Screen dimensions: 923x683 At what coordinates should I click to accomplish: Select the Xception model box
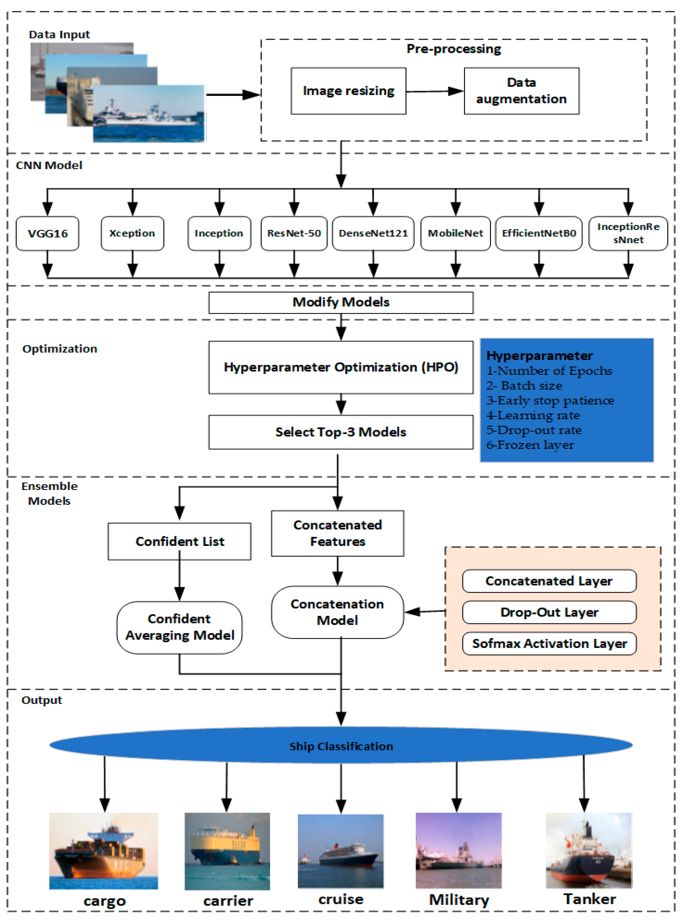coord(132,233)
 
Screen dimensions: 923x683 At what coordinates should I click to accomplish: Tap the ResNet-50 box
coord(294,233)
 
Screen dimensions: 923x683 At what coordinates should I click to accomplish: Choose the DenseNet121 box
coord(373,233)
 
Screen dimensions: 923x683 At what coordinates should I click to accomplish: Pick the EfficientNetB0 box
coord(539,233)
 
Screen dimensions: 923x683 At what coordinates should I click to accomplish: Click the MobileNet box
coord(455,233)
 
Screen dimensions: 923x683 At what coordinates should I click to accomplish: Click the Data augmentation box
coord(521,91)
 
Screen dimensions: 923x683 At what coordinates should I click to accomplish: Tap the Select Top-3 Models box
coord(341,432)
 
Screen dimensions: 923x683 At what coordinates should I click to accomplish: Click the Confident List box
coord(179,541)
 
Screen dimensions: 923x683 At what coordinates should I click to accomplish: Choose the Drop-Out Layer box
coord(549,612)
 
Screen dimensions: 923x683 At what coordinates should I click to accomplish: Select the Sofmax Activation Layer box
coord(549,643)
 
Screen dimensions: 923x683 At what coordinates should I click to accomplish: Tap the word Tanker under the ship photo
coord(589,899)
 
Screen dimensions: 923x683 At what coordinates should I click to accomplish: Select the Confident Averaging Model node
coord(179,627)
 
